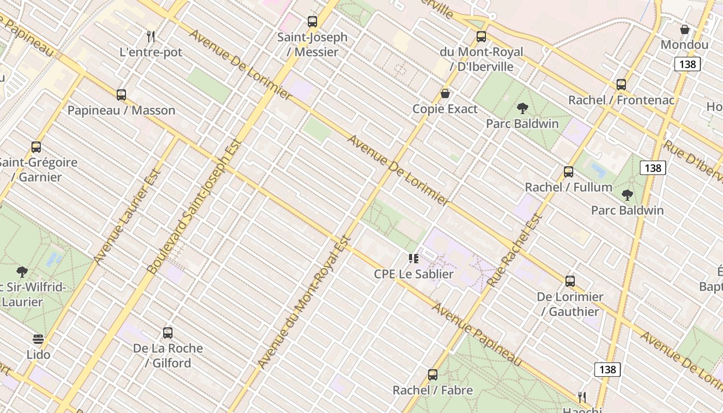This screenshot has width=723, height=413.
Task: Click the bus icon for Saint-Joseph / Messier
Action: point(312,22)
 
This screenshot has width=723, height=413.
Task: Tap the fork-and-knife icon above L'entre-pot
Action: point(151,37)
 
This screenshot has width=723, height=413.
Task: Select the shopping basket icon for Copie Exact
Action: point(445,93)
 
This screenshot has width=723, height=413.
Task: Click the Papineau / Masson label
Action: point(121,110)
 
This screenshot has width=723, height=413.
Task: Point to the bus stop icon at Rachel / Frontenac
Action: point(621,85)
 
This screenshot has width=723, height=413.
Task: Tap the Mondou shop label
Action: point(684,45)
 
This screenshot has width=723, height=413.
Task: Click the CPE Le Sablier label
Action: point(414,274)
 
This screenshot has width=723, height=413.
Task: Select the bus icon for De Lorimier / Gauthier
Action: point(570,281)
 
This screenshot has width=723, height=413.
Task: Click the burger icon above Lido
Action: point(38,339)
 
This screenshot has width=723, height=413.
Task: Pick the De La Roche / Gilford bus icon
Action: point(168,333)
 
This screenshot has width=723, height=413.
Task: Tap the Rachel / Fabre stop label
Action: point(433,390)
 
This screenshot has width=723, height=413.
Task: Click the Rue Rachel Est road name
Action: point(515,250)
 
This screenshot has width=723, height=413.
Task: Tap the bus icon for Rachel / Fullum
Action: point(569,172)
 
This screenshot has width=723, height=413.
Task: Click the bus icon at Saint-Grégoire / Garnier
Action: point(36,147)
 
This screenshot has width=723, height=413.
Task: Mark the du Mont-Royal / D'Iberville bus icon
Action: point(481,37)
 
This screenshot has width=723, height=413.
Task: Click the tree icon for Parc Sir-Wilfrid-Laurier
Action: point(22,272)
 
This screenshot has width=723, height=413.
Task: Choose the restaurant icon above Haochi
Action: point(582,398)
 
